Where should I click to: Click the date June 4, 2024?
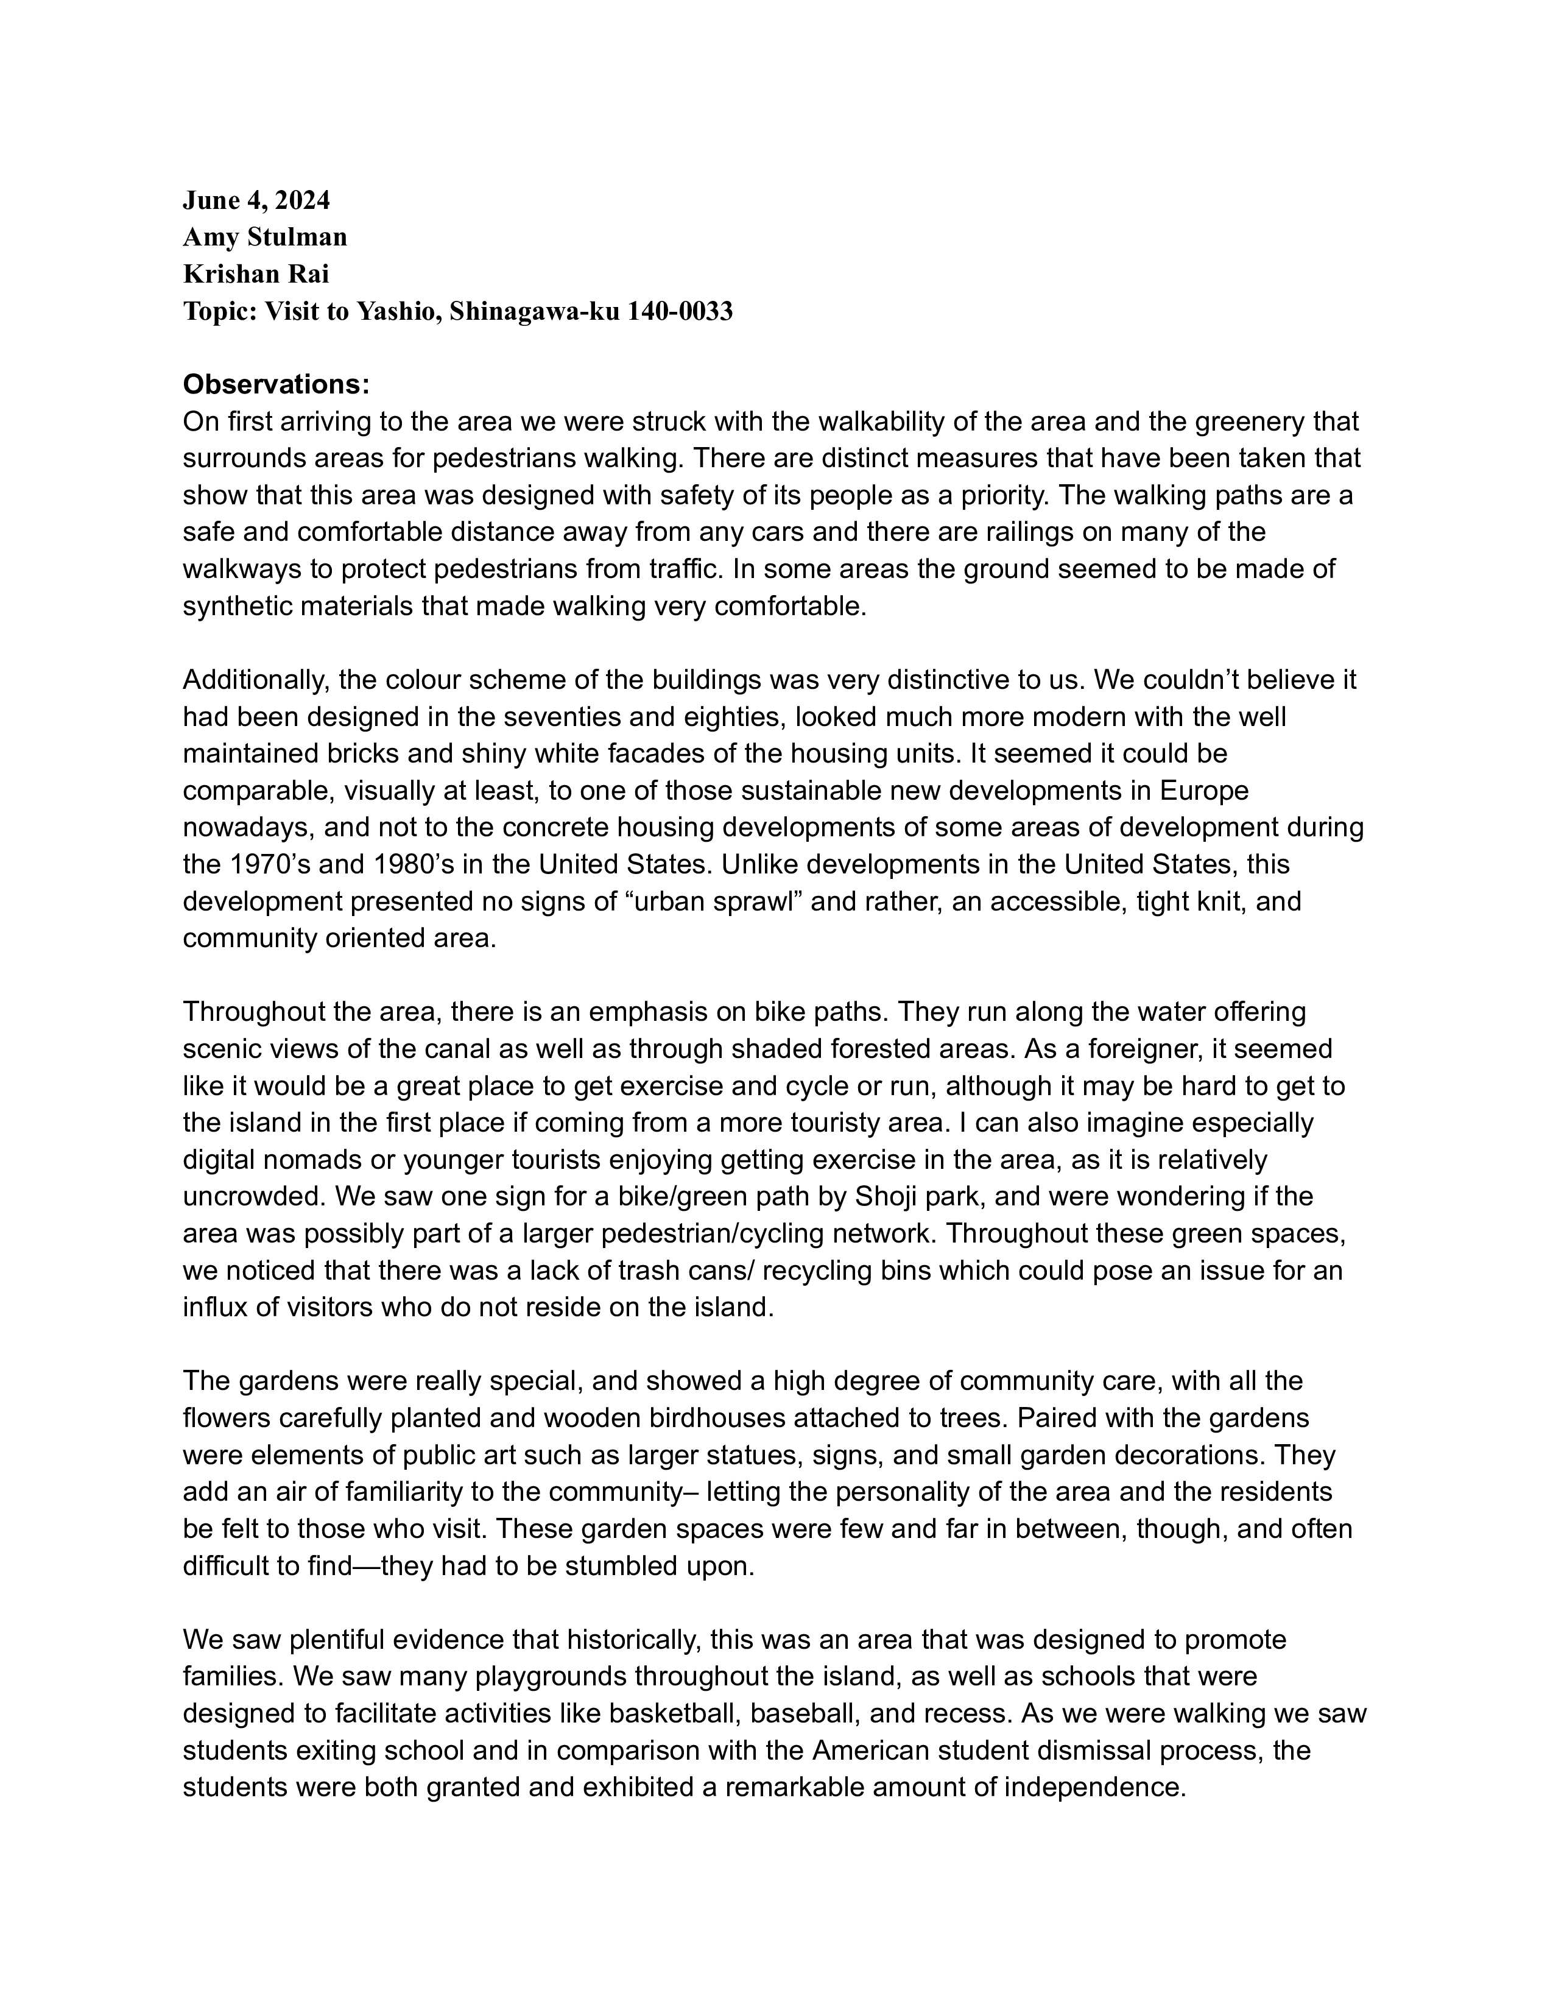[256, 200]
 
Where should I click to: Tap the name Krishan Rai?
[256, 273]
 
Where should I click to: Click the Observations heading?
[276, 384]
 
